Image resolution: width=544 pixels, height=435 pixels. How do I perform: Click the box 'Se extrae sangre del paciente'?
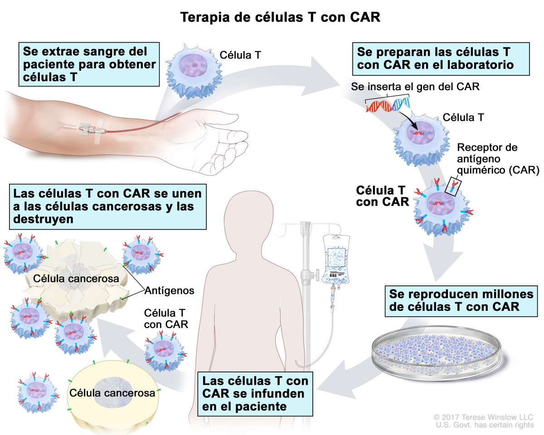(x=89, y=64)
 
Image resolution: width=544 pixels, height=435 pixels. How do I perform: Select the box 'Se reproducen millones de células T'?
(x=461, y=300)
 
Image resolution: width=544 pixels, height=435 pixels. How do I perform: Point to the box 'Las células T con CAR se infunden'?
(x=256, y=393)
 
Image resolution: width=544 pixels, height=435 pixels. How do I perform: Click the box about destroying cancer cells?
(x=108, y=206)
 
